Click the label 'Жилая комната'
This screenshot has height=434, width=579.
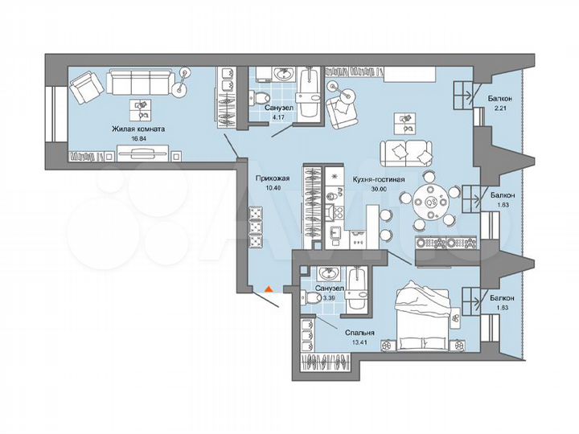point(138,128)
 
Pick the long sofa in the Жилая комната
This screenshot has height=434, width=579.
point(141,82)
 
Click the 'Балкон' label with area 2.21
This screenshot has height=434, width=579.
point(500,99)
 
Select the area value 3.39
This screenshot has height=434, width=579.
point(328,298)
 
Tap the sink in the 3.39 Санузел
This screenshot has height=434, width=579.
point(327,274)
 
